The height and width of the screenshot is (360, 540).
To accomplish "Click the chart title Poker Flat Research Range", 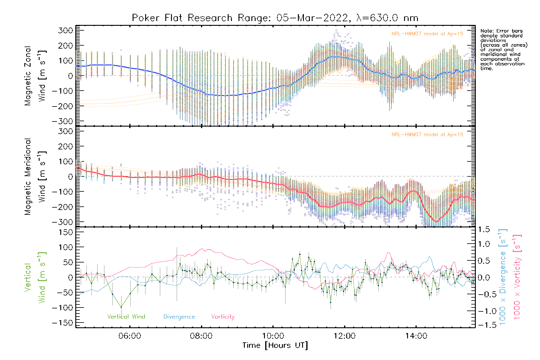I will (275, 18).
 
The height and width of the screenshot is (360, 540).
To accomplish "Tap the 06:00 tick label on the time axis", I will (130, 336).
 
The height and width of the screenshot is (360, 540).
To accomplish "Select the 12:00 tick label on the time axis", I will (344, 336).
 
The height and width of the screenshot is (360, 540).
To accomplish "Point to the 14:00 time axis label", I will (416, 336).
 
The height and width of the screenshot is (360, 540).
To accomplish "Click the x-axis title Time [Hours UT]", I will (275, 346).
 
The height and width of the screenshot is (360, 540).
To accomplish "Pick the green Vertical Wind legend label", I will (126, 317).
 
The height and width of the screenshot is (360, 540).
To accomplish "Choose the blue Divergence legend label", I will (179, 317).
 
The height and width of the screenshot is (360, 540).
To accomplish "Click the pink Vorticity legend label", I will (223, 317).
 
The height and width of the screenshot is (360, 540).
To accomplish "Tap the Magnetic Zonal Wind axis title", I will (35, 76).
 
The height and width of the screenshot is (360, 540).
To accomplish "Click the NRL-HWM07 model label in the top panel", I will (427, 34).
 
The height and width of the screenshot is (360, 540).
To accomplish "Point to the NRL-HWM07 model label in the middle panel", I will (427, 135).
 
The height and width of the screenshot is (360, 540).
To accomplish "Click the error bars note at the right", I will (503, 49).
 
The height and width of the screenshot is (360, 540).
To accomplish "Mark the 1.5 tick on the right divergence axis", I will (484, 229).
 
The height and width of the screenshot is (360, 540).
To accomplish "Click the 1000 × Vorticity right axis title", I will (517, 277).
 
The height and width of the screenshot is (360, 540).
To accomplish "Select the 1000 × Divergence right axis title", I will (502, 277).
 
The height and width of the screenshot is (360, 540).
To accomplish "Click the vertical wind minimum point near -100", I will (121, 307).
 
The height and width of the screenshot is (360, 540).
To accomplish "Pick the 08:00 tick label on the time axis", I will (201, 336).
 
